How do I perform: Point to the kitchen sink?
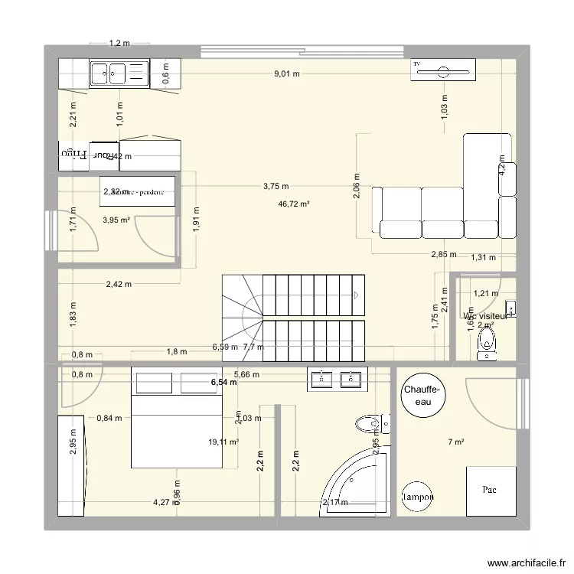pyautogui.click(x=109, y=73)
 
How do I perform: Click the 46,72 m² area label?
pyautogui.click(x=294, y=204)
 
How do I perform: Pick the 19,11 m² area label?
pyautogui.click(x=223, y=442)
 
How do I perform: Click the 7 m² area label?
pyautogui.click(x=457, y=442)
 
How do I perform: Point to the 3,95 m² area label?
pyautogui.click(x=116, y=220)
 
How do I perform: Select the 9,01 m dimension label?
pyautogui.click(x=287, y=74)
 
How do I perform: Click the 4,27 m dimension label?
pyautogui.click(x=161, y=503)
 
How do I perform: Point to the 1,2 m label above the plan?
pyautogui.click(x=119, y=44)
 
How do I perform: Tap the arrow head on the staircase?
pyautogui.click(x=357, y=294)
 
